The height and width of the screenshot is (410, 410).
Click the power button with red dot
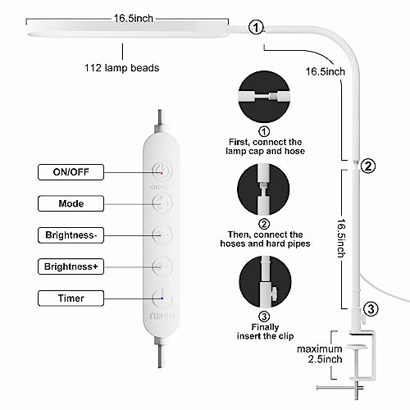[x=162, y=171]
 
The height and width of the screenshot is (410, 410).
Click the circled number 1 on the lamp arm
[x=257, y=29]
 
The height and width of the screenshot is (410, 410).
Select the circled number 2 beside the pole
[x=368, y=166]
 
